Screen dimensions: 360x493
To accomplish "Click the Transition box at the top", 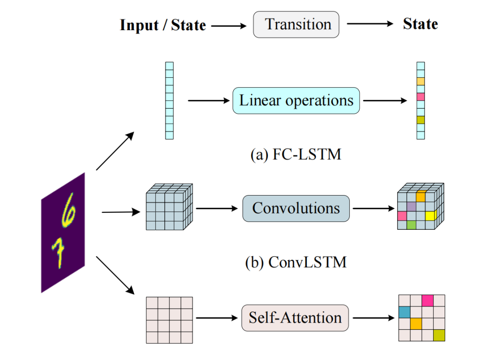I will coord(296,25).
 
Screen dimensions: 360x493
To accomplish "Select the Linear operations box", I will coord(296,101).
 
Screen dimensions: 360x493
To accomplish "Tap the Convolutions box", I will coord(296,209).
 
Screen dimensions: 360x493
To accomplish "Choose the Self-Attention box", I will coord(295,318).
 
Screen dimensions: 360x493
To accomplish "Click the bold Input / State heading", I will coord(163,25).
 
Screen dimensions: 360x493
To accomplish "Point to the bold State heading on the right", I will coord(420,24).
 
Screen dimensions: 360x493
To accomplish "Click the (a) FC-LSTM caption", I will coord(296,154).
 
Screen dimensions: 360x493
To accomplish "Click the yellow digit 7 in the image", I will coord(58,254).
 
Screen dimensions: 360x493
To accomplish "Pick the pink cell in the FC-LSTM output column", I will coord(421,97).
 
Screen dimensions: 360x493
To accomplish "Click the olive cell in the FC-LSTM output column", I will coord(421,120).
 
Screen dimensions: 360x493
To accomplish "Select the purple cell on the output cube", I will coord(411,206).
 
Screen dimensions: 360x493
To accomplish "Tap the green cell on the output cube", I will coord(411,225).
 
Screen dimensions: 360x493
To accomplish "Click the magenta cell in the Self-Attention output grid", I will coord(427,300).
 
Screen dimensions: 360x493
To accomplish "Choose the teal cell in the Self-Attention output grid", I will coord(404,312).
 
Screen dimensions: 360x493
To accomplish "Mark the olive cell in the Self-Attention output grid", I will coord(439,335).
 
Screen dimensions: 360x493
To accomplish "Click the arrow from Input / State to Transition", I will coord(229,26).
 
